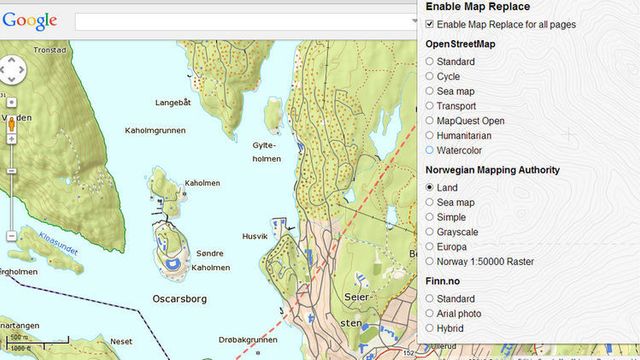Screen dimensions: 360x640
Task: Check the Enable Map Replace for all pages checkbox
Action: click(x=430, y=24)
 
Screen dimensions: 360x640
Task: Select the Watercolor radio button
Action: click(x=430, y=150)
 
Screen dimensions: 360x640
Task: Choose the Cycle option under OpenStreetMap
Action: click(x=430, y=76)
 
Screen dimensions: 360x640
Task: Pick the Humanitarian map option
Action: click(x=430, y=135)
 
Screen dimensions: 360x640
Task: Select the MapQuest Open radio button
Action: click(x=430, y=121)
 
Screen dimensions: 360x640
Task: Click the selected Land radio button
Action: click(x=430, y=187)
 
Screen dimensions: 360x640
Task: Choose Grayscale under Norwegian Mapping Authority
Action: click(x=430, y=231)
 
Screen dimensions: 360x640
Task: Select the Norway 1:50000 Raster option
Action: click(x=430, y=261)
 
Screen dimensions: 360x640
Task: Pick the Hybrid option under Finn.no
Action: click(x=430, y=327)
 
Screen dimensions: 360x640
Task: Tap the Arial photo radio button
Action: click(x=430, y=312)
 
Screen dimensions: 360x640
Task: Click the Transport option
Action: click(x=430, y=106)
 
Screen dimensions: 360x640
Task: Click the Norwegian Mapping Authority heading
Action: click(x=492, y=170)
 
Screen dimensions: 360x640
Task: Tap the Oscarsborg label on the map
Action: click(x=179, y=298)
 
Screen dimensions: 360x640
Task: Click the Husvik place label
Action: click(x=255, y=236)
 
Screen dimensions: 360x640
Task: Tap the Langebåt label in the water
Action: click(x=172, y=102)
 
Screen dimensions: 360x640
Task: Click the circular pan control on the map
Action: click(x=12, y=70)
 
